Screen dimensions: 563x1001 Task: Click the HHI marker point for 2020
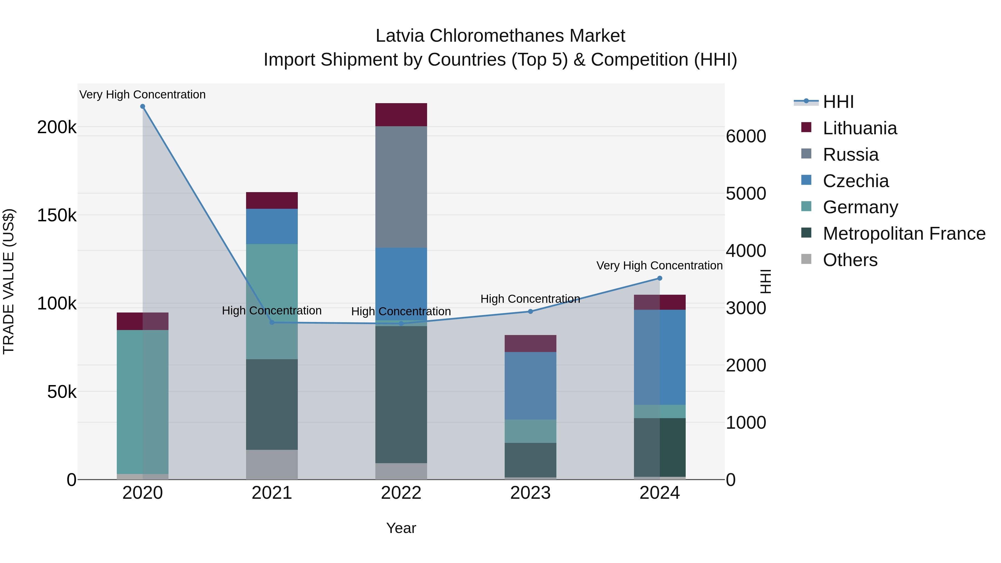(143, 106)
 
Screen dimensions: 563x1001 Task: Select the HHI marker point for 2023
(531, 311)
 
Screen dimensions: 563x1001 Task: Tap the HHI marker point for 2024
(660, 278)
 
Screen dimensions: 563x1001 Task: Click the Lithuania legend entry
(859, 128)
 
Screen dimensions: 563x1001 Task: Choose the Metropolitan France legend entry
(904, 234)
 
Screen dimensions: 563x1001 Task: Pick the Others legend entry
(850, 260)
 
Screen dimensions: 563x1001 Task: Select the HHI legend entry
(838, 102)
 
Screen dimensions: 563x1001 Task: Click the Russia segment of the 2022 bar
(401, 187)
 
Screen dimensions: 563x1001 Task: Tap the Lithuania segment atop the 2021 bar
(272, 200)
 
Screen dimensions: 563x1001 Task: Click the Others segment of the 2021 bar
(272, 464)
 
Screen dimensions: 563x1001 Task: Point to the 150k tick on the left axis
(57, 215)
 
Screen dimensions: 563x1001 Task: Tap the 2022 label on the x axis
(401, 493)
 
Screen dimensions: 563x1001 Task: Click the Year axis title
(401, 528)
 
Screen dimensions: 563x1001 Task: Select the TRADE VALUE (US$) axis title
(9, 281)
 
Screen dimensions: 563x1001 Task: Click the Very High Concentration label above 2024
(660, 266)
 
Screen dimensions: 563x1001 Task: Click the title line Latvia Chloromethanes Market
(500, 36)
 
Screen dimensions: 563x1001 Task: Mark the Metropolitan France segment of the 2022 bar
(401, 394)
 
